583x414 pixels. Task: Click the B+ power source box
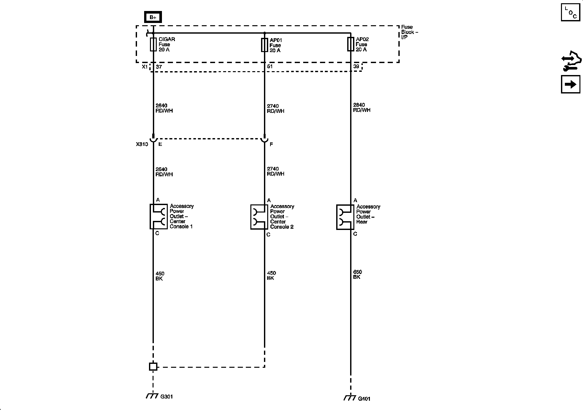point(153,17)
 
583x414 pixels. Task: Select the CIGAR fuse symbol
point(153,44)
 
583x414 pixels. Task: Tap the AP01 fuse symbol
point(264,45)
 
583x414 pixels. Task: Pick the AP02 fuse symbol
point(350,44)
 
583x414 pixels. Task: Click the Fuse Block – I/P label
point(409,32)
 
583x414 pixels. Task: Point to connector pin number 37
point(159,67)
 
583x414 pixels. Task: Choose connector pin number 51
point(270,67)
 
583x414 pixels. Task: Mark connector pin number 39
point(356,67)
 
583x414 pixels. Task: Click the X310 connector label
point(142,144)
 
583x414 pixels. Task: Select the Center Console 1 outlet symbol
point(159,216)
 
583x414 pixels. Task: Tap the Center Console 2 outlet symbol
point(259,217)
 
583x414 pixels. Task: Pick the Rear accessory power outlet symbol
point(345,217)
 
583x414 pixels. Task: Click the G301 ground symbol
point(152,396)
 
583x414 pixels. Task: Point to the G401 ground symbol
point(349,398)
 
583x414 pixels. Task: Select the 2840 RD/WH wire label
point(361,107)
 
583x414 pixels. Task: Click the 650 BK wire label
point(357,275)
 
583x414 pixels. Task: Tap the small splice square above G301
point(153,366)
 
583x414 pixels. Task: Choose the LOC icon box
point(570,12)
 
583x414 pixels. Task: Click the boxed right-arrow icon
point(570,84)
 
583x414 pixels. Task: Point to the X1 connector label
point(145,67)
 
